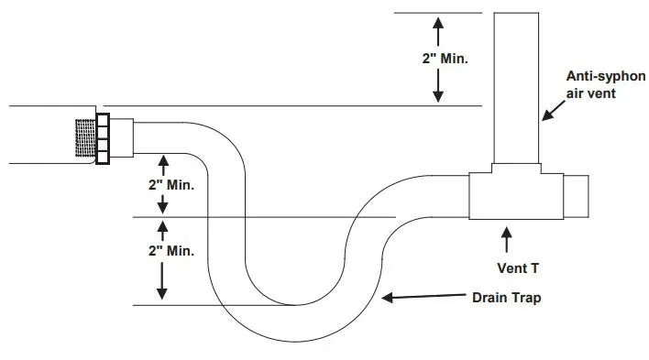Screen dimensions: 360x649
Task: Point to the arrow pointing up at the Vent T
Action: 505,240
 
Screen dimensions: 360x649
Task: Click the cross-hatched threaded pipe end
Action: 87,139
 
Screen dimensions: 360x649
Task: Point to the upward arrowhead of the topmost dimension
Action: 438,20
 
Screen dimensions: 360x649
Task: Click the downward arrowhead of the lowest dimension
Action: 163,295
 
